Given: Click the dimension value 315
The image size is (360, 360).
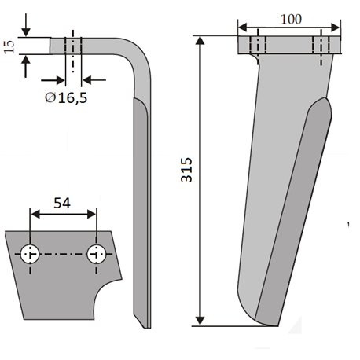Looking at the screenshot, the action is click(x=186, y=170).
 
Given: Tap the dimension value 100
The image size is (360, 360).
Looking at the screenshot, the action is click(x=291, y=20).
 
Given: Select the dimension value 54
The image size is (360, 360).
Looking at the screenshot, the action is click(x=62, y=203).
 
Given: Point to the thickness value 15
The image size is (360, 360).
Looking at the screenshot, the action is click(x=9, y=47).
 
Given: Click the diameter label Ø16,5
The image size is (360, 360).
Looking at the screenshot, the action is click(x=66, y=98).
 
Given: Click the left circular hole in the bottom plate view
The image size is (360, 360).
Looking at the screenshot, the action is click(x=31, y=254).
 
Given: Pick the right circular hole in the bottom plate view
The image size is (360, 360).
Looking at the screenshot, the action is click(x=97, y=254).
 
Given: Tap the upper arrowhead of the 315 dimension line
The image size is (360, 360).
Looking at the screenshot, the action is click(x=200, y=41).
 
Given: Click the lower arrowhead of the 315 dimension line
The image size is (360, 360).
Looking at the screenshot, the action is click(x=200, y=321).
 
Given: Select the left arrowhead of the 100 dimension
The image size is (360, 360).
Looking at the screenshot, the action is click(x=243, y=27).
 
